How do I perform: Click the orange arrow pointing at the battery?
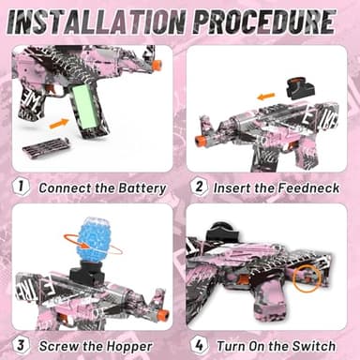click(x=58, y=122)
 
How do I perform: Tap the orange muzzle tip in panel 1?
click(x=157, y=65)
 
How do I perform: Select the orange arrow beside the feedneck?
click(x=267, y=96)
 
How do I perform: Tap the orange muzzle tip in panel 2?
click(x=199, y=141)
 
